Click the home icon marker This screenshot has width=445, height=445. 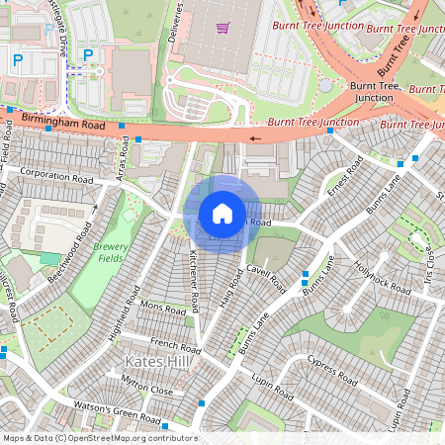click(222, 213)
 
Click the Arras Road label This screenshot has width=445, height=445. click(125, 152)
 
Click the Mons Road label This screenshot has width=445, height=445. click(163, 308)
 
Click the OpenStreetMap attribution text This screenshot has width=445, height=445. click(99, 438)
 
